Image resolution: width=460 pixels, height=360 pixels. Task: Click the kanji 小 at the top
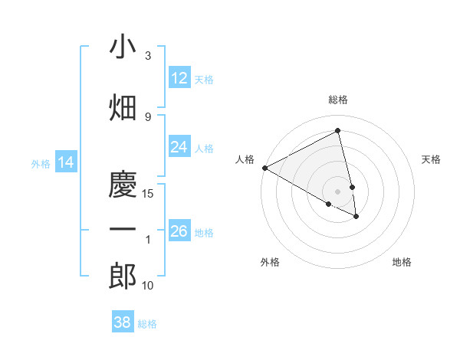(123, 47)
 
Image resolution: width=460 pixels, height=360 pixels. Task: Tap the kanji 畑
(123, 108)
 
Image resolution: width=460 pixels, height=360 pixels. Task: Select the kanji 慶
(123, 185)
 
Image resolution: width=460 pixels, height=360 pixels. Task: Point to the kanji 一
(123, 230)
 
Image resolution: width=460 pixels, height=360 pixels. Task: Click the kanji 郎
(123, 276)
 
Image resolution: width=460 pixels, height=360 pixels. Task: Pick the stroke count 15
(149, 194)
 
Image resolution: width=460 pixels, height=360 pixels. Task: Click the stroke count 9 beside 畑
(148, 116)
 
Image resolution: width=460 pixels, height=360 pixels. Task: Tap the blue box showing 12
(179, 78)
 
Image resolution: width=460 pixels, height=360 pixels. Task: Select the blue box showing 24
(179, 147)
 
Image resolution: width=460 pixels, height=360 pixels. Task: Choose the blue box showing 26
(179, 231)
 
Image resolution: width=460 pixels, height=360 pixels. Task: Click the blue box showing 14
(66, 162)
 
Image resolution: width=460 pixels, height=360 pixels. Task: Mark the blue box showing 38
(123, 322)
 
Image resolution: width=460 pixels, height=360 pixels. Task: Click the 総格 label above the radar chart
(338, 100)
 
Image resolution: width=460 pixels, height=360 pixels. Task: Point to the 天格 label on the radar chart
(432, 159)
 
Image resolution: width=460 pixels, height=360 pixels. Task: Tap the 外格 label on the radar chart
(270, 262)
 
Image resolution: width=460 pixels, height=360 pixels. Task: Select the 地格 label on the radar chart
(402, 262)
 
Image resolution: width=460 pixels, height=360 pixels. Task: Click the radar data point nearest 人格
(264, 168)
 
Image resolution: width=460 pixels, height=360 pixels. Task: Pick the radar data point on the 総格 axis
(338, 131)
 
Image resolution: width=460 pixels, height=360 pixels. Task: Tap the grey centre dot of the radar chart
(338, 191)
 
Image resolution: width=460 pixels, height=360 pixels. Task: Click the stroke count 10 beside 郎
(149, 286)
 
